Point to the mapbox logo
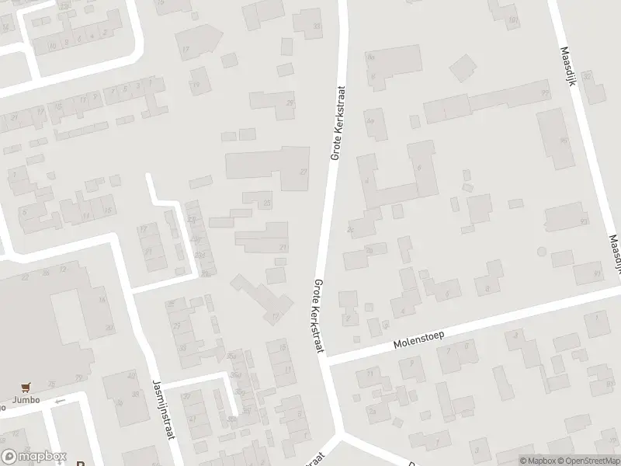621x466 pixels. click(x=34, y=456)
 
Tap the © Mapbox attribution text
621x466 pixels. click(x=538, y=460)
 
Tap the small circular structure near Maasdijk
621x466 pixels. click(x=541, y=252)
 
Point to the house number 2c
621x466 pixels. click(x=352, y=229)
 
